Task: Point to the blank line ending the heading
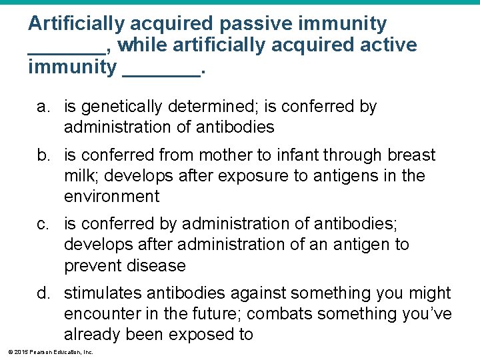(161, 74)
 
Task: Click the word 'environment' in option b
(112, 197)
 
